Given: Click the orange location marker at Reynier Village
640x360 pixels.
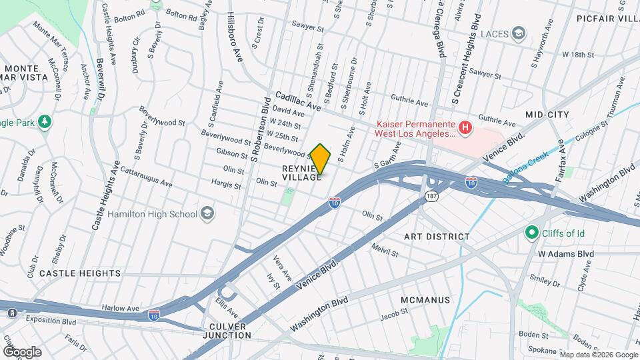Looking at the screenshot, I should point(321,159).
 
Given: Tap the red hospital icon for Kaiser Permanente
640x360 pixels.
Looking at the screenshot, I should point(467,126).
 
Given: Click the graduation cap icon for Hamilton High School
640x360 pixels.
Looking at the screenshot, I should point(207,213).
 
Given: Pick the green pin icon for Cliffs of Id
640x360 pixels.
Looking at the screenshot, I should point(531,232).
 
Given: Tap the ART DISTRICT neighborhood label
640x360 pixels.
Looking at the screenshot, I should point(437,237).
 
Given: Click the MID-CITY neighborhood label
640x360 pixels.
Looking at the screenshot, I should point(547,115).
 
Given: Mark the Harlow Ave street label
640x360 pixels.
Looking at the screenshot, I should point(120,309).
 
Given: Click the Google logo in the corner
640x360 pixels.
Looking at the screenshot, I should point(22,352).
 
